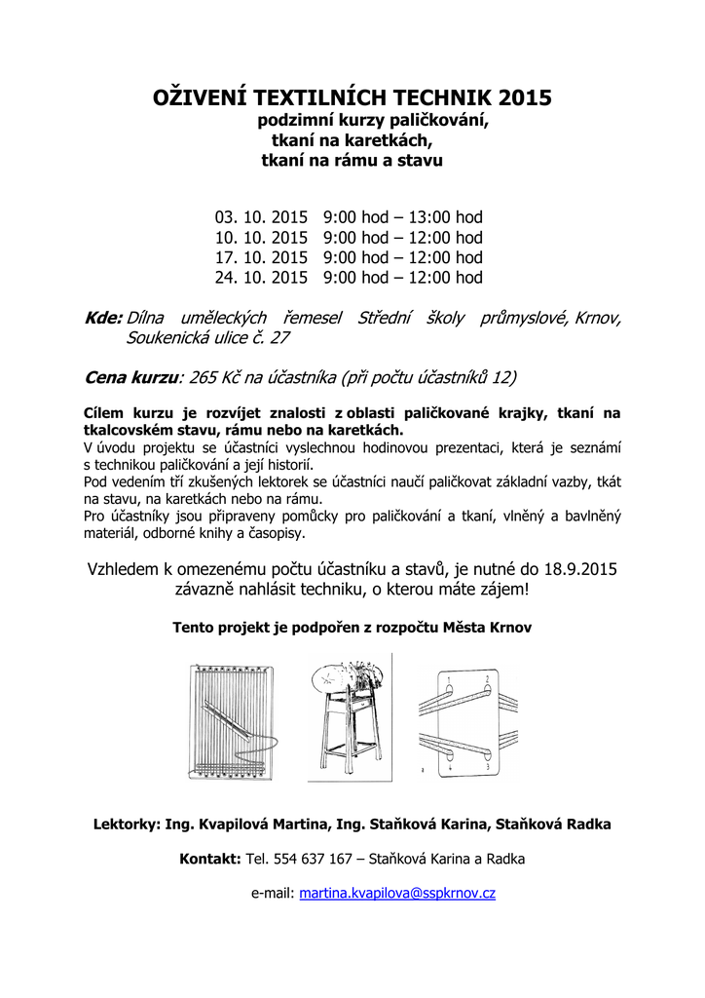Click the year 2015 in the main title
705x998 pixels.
(524, 97)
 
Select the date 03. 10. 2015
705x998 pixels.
(261, 216)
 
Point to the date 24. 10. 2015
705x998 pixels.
(261, 278)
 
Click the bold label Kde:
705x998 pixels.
(103, 319)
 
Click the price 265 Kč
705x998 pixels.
(221, 376)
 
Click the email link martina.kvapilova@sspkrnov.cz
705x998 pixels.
(397, 893)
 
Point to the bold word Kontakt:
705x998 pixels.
(210, 859)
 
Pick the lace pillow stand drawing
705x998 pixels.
(349, 716)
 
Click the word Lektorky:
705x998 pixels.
(127, 825)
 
